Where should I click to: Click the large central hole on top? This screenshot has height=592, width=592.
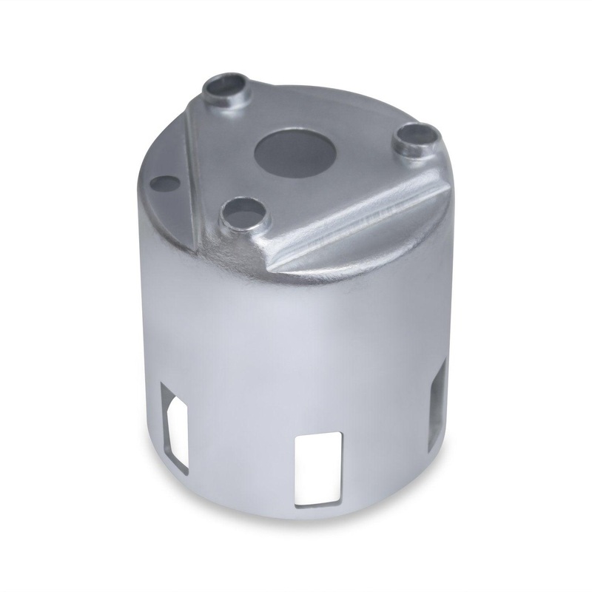coord(295,152)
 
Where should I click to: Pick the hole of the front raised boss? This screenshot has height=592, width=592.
coord(241,213)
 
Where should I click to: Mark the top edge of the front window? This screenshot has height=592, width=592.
coord(318,434)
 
